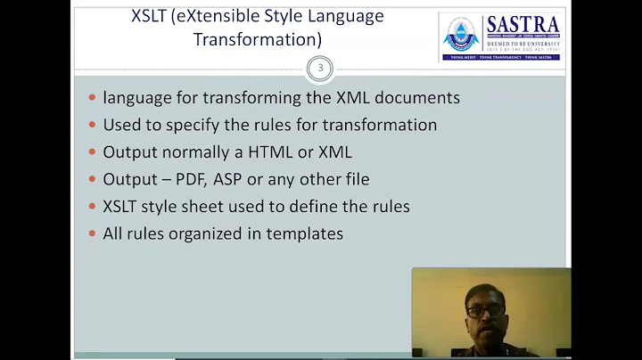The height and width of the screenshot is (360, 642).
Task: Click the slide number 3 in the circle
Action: click(318, 68)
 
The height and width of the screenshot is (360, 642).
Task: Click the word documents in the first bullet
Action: click(420, 98)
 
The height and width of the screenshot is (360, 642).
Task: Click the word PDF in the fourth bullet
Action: click(191, 179)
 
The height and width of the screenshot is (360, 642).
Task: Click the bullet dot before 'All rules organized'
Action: click(92, 234)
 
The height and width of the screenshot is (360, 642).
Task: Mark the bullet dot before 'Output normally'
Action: click(92, 152)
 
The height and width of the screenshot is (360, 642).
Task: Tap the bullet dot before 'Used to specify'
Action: click(92, 126)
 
